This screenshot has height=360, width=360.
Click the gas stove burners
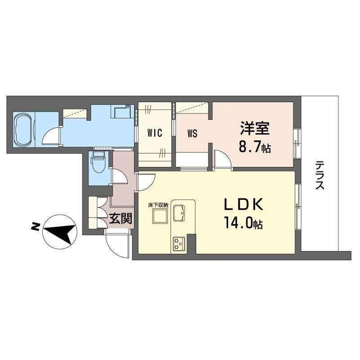click(x=178, y=244)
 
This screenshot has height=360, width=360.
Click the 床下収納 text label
click(x=158, y=205)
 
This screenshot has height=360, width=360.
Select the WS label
click(x=192, y=133)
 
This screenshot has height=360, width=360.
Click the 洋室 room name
click(x=255, y=129)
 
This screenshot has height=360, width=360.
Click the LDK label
click(x=243, y=204)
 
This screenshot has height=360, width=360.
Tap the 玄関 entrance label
click(x=121, y=219)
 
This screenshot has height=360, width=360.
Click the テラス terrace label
click(x=320, y=175)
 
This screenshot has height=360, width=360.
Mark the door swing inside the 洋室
click(x=221, y=159)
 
